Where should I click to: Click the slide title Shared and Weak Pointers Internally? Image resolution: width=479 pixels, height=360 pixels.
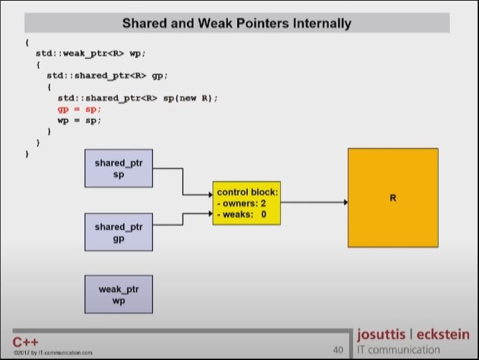coord(237,23)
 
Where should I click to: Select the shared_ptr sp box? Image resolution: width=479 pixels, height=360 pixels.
coord(119,168)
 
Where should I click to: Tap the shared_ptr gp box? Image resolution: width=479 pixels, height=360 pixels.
coord(119,232)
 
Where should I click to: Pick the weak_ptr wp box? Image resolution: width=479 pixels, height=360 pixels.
coord(119,294)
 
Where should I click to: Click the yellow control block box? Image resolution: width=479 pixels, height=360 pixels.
coord(246,203)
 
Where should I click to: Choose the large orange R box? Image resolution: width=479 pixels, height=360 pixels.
coord(393,198)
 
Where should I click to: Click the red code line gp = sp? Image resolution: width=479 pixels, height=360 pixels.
coord(79,109)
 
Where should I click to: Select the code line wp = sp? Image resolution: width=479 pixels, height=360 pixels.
coord(79,120)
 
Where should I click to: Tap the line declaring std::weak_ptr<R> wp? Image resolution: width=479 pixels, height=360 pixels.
coord(90,52)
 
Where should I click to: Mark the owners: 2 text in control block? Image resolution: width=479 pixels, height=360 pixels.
coord(242,204)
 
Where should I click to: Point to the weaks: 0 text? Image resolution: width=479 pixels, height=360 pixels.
coord(242,214)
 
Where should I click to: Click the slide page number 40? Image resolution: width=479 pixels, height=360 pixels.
coord(338,349)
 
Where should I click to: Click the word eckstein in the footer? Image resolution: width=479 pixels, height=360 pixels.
coord(443,334)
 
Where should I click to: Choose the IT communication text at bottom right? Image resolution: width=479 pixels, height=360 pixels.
coord(398,349)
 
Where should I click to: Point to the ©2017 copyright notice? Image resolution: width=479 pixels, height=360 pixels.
coord(52,353)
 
